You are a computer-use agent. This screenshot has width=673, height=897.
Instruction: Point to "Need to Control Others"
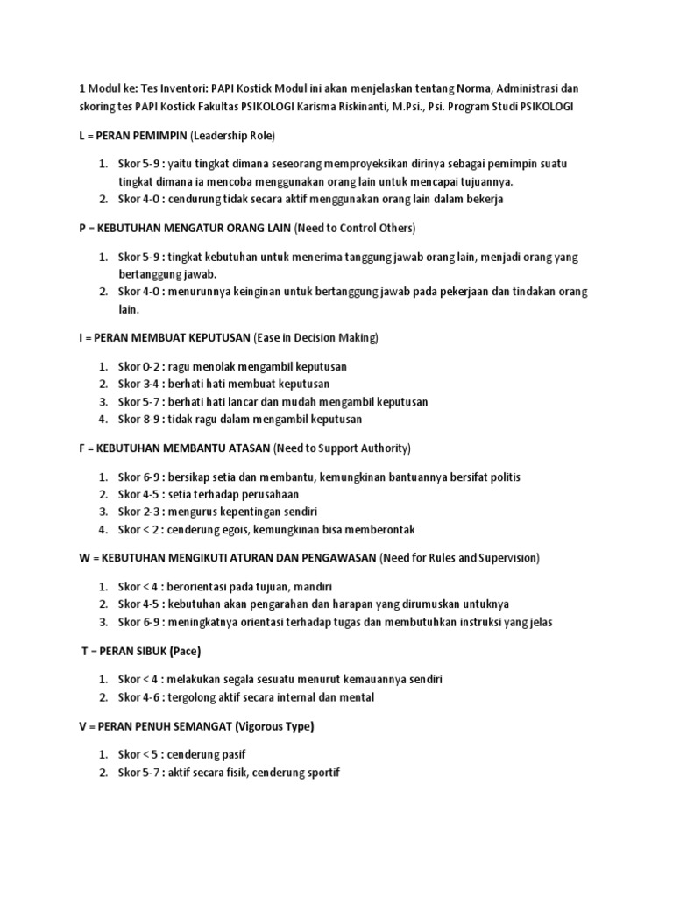(x=355, y=229)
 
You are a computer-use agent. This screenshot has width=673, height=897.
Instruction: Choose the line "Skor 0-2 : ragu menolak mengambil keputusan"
(x=226, y=366)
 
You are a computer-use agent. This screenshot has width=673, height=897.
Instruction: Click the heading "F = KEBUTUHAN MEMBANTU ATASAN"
(x=174, y=448)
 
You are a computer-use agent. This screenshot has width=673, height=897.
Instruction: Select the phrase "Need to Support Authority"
(x=341, y=448)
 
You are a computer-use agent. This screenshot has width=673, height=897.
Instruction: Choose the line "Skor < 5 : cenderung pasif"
(x=188, y=754)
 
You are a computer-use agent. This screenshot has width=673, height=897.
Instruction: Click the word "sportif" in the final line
(x=319, y=773)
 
